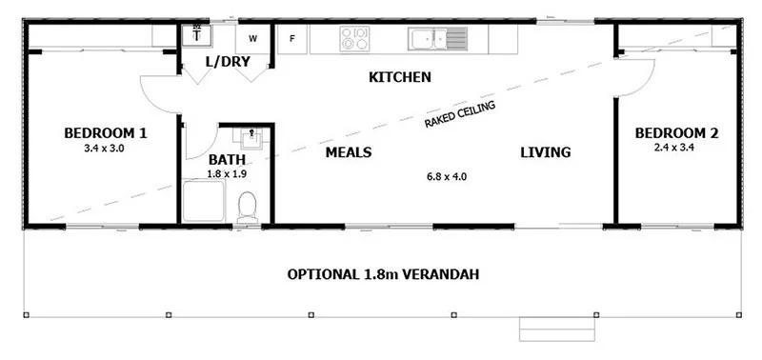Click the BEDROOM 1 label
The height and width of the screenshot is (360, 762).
[106, 133]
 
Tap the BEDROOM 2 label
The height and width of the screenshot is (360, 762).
[676, 133]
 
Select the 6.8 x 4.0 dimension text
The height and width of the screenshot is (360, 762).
[447, 177]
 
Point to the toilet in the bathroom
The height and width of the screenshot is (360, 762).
[248, 206]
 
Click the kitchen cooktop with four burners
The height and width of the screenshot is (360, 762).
[354, 38]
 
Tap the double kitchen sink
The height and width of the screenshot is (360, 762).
[438, 39]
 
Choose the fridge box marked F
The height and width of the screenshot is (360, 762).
[292, 39]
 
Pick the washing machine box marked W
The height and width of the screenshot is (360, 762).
[252, 39]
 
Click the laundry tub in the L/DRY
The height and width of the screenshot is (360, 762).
[196, 35]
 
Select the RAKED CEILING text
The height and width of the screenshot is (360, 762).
[460, 114]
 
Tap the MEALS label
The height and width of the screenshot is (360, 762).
[349, 152]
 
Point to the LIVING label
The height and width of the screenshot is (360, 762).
[546, 152]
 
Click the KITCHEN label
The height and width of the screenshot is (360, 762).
[400, 77]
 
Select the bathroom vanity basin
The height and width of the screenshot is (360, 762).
[251, 138]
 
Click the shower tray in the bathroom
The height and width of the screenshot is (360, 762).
[204, 201]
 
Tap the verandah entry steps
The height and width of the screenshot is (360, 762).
[557, 329]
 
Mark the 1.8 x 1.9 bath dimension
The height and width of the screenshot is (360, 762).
[228, 174]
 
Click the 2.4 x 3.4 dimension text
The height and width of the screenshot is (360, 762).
[674, 148]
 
